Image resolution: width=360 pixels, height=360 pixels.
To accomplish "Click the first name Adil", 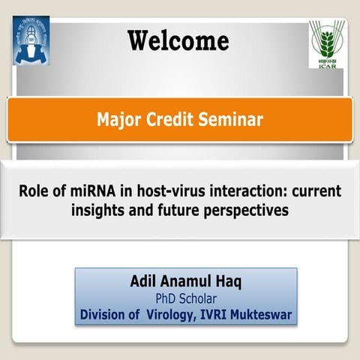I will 144,283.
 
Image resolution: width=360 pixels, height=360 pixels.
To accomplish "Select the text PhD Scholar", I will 185,299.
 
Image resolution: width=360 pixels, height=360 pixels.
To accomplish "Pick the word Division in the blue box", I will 105,313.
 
